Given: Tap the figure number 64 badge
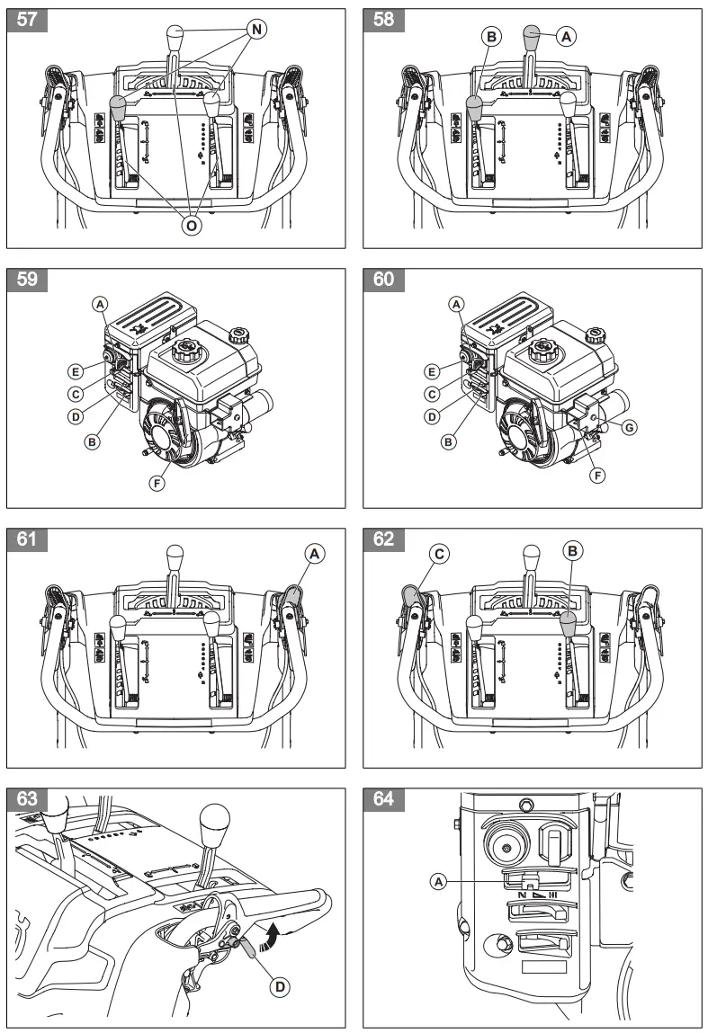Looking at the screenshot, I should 383,799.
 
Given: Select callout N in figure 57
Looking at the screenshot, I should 256,30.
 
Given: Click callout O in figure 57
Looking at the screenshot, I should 191,225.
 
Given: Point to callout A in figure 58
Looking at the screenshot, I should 567,36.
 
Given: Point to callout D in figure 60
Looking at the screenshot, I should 432,416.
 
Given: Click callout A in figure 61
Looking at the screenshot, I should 314,555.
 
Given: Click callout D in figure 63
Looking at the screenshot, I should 281,987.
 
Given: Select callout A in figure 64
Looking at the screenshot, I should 438,883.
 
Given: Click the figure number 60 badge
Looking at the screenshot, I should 383,280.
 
